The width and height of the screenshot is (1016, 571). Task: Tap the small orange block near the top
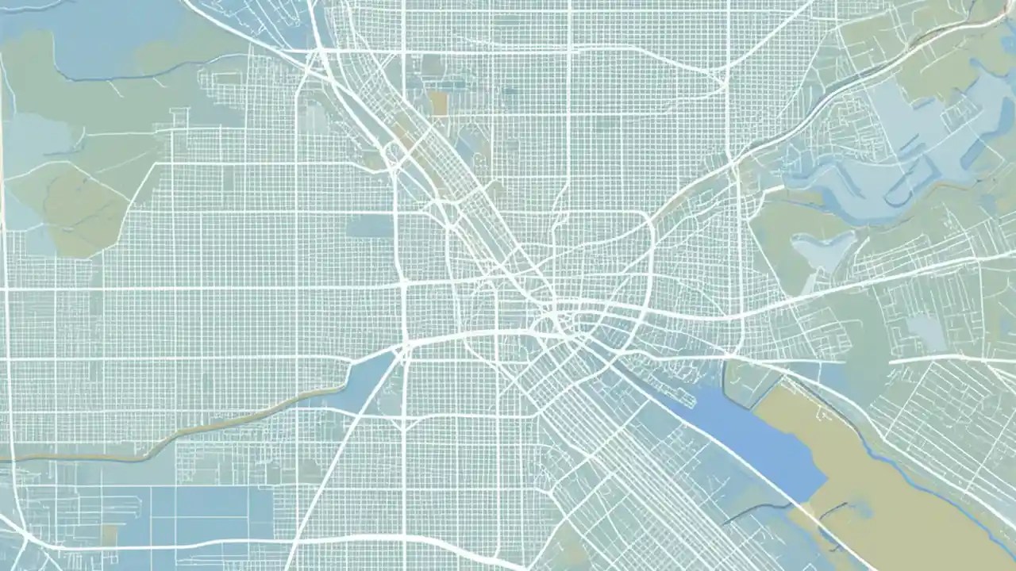pyautogui.click(x=438, y=102)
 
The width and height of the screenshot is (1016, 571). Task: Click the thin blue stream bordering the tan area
pyautogui.click(x=913, y=476)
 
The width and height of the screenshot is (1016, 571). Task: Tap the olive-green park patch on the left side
pyautogui.click(x=71, y=206)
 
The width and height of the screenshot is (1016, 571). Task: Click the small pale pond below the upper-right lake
pyautogui.click(x=825, y=250)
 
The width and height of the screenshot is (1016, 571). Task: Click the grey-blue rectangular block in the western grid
pyautogui.click(x=369, y=228)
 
